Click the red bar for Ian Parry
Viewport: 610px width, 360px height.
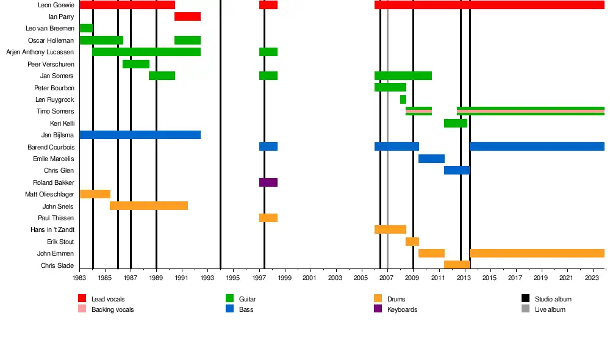tap(187, 16)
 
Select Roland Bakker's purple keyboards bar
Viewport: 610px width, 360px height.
tap(268, 182)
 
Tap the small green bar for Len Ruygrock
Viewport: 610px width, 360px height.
tap(403, 99)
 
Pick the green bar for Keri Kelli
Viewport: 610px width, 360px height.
tap(456, 123)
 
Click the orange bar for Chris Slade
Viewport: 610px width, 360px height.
tap(457, 265)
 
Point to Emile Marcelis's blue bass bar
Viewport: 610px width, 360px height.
tap(431, 159)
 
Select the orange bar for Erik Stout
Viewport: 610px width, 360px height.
tap(412, 242)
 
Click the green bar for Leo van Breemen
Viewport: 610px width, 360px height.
tap(86, 28)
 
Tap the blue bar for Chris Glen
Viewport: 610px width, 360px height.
tap(457, 170)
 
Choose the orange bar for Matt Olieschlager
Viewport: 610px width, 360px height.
tap(95, 194)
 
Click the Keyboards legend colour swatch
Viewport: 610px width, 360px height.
tap(378, 309)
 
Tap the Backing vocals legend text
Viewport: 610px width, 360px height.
tap(112, 309)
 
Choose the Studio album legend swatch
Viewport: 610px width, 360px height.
tap(526, 299)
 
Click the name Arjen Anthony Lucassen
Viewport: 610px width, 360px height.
tap(40, 52)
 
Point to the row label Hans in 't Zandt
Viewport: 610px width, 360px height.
tap(52, 230)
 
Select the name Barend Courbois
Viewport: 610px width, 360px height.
tap(51, 147)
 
